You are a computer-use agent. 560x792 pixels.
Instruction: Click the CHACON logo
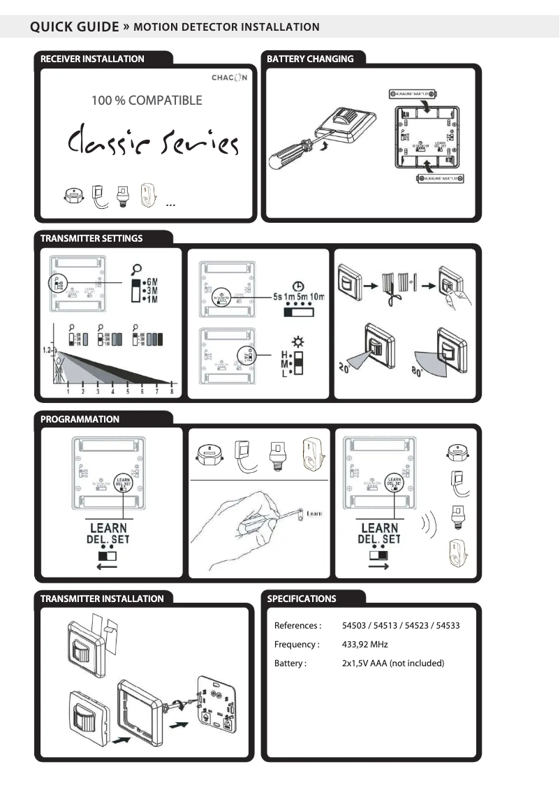pos(229,77)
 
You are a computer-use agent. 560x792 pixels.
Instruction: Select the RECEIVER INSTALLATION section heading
pos(92,59)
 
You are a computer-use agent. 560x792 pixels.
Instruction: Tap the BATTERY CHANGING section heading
pos(310,59)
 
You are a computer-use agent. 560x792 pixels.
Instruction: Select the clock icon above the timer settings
pos(298,286)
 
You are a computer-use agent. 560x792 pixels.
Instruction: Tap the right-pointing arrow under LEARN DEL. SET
pos(378,567)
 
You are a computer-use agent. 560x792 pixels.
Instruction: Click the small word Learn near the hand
pos(314,514)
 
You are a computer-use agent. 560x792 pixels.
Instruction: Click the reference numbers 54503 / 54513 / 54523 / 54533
pos(400,626)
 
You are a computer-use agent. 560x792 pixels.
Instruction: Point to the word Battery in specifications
pos(289,663)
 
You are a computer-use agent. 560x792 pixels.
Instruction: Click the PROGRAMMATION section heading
pos(80,420)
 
